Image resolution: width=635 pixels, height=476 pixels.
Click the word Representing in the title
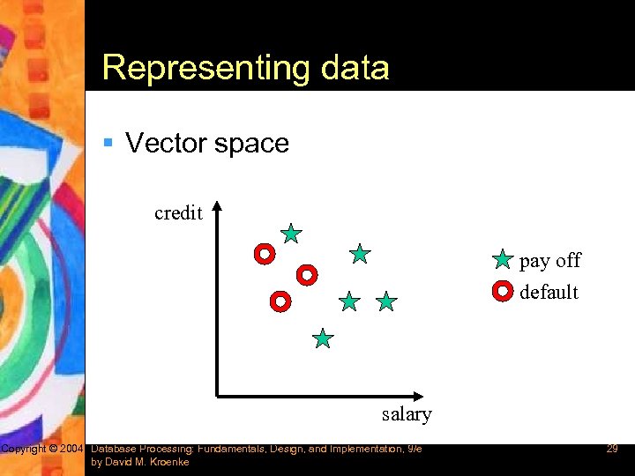point(202,68)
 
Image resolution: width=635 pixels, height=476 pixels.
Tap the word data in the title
point(351,68)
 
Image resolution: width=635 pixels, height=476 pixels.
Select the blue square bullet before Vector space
point(108,143)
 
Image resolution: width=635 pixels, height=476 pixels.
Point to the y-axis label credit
point(178,213)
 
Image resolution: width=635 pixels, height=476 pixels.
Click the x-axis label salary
point(407,414)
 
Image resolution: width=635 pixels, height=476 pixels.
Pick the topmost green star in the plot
point(291,234)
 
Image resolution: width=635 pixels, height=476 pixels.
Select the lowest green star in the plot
point(324,338)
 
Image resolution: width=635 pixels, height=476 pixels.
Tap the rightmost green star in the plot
point(386,302)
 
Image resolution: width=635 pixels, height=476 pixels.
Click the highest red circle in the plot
point(264,254)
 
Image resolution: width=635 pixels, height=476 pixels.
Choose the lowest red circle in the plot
point(280,301)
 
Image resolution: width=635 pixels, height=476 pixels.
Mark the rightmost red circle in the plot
point(306,275)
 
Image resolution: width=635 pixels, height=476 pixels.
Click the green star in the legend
point(502,259)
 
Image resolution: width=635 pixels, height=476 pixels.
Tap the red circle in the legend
point(502,290)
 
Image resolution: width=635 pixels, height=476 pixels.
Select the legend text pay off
point(549,260)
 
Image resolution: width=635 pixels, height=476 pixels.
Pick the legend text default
point(549,292)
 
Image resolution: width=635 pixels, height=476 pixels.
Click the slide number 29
point(611,450)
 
